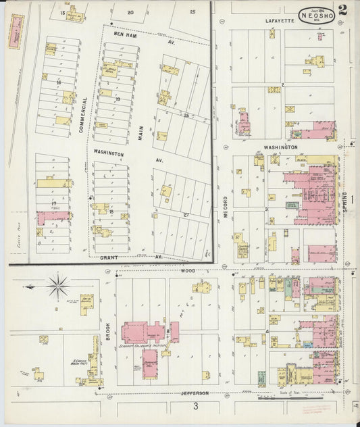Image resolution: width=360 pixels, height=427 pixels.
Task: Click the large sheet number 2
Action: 343,10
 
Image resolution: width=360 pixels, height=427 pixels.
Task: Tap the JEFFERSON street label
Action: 194,393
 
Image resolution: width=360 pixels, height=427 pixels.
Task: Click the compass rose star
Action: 58,285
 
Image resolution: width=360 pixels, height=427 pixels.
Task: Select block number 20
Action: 130,12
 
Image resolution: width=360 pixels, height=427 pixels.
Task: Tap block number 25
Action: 193,11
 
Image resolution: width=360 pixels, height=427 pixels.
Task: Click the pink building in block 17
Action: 53,217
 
